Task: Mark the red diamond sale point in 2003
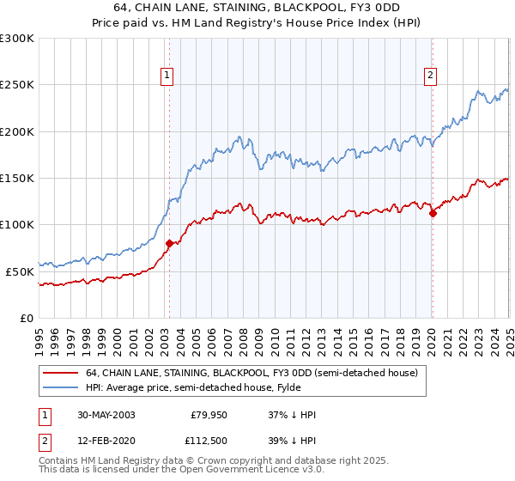tap(169, 244)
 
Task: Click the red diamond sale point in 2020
tap(433, 214)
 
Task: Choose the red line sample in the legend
tap(61, 373)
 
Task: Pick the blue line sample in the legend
tap(61, 387)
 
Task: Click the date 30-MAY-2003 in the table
tap(104, 415)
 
